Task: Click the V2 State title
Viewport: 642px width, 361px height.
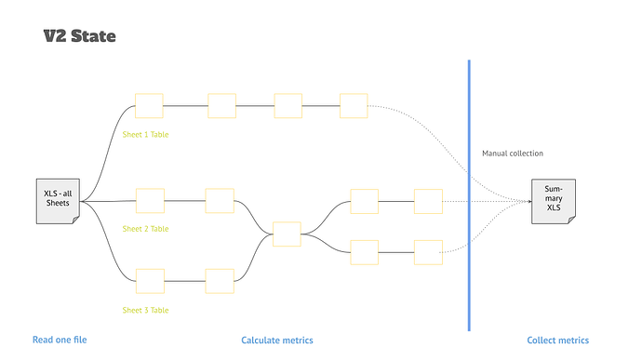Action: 79,36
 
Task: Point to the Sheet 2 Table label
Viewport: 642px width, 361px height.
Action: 146,228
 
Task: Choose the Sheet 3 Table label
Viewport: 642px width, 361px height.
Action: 146,310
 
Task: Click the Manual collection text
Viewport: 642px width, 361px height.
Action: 513,153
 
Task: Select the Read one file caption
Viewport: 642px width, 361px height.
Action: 60,341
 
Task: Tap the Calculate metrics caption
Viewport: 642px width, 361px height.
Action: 277,341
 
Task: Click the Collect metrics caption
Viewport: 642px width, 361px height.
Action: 558,341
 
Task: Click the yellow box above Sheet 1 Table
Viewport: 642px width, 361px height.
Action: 149,105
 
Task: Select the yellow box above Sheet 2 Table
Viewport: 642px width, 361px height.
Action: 150,200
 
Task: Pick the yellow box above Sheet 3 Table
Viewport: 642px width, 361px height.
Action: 150,281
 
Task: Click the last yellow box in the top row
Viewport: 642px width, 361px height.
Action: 354,105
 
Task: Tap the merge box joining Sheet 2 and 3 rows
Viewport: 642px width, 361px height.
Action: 287,234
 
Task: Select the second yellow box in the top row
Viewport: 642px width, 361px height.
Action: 222,105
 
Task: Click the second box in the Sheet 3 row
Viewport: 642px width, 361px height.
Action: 220,281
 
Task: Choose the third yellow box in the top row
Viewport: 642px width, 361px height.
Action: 288,105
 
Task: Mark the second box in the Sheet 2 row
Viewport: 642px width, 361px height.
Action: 220,200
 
